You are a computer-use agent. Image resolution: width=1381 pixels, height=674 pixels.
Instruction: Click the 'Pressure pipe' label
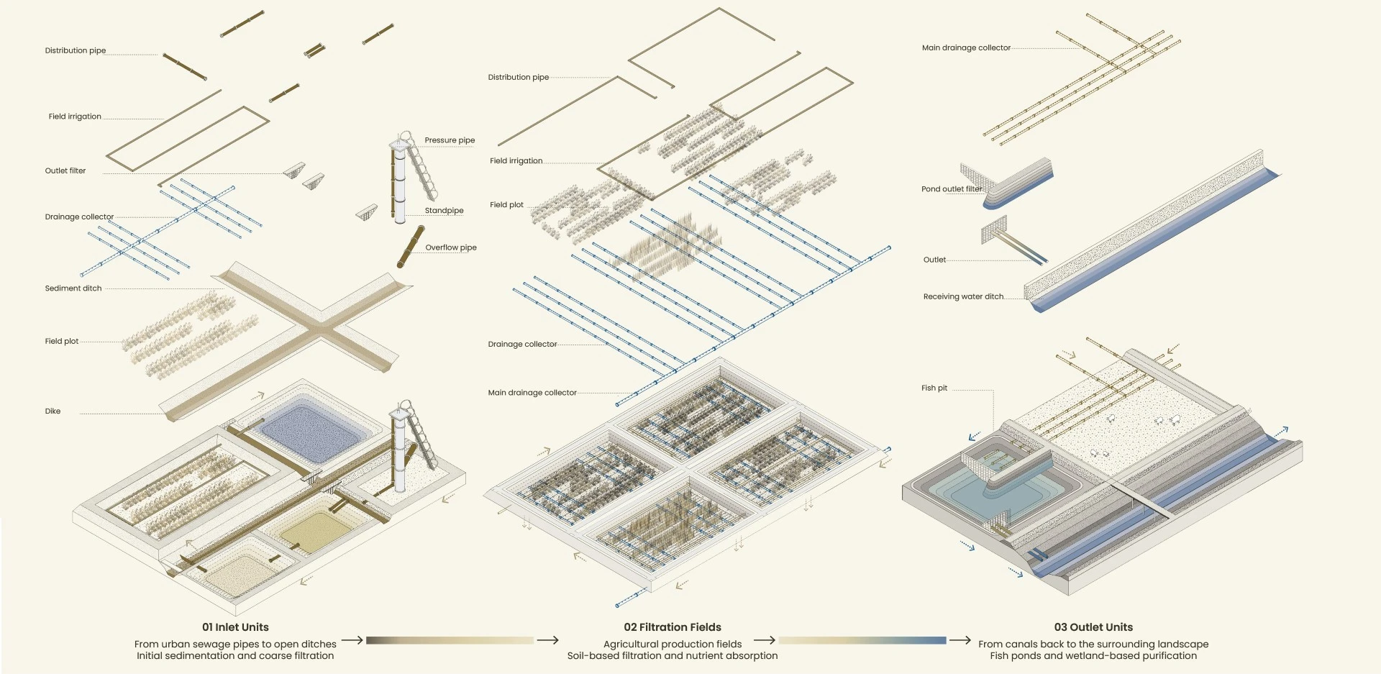pos(450,140)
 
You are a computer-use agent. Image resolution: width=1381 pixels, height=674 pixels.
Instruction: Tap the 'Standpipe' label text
pos(444,211)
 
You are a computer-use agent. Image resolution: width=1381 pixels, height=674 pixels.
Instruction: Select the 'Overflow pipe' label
pos(451,247)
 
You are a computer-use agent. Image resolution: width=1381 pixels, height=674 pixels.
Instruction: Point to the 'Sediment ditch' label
pos(73,288)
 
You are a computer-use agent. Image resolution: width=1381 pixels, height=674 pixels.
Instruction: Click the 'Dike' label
pos(53,411)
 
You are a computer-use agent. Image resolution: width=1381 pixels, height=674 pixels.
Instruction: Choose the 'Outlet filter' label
pos(65,171)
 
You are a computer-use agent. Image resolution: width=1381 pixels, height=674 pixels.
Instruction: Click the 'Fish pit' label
pos(934,388)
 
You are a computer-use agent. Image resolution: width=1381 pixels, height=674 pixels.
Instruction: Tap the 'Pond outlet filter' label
pos(952,189)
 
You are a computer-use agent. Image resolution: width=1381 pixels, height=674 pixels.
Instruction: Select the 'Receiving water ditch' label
pos(963,296)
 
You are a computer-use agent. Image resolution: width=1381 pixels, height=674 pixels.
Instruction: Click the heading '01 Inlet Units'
pos(235,627)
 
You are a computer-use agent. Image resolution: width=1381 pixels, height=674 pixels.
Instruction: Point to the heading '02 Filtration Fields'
pos(673,627)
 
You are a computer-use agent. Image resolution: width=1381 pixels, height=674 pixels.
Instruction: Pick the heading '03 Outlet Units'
pos(1093,627)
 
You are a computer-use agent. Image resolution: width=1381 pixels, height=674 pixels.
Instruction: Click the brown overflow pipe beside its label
pos(411,247)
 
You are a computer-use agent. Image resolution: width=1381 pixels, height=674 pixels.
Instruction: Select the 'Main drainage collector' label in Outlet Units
pos(966,48)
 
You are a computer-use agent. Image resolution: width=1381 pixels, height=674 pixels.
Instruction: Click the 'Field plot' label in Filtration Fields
pos(506,205)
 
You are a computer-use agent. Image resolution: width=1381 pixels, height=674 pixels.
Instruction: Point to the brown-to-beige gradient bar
pos(450,640)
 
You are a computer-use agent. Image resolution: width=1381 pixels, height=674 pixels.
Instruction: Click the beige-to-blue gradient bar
pos(862,640)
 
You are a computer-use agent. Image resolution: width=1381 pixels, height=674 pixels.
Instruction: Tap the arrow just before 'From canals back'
pos(960,640)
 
